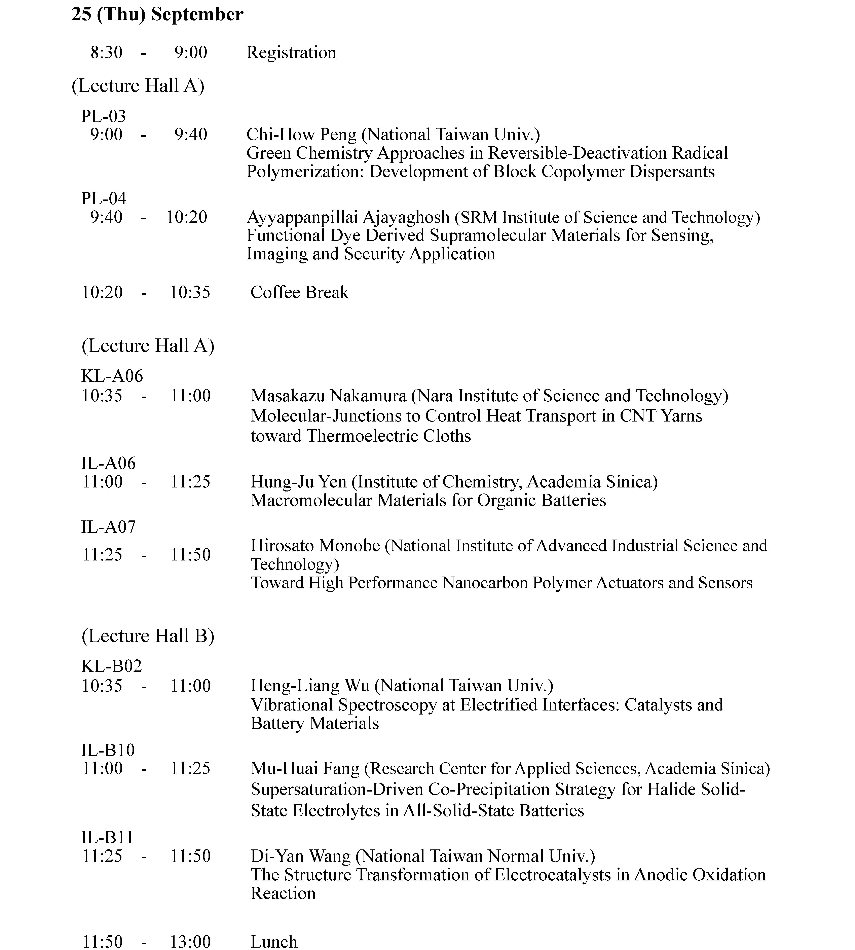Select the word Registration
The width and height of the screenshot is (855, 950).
point(291,52)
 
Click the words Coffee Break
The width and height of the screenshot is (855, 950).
point(299,292)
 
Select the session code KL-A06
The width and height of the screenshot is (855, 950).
point(112,376)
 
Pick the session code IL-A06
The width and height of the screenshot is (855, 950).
point(108,463)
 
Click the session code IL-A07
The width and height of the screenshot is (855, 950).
point(108,527)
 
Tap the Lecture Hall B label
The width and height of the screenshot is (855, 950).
point(148,636)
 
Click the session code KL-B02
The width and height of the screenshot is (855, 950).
point(111,666)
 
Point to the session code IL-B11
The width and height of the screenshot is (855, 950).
point(107,837)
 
